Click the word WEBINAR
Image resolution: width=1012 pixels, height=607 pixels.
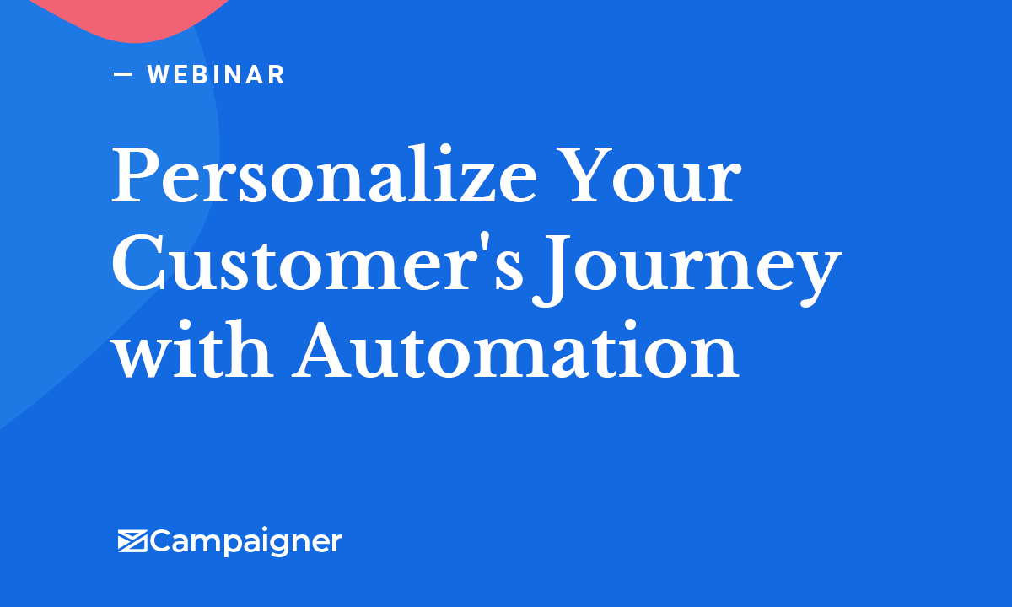coord(216,74)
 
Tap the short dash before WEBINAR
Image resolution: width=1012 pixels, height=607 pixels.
coord(123,74)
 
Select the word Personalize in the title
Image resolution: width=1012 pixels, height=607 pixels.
coord(324,177)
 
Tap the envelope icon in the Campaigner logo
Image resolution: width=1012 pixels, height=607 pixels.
coord(133,540)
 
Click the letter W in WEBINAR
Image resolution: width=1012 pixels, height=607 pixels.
coord(159,74)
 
